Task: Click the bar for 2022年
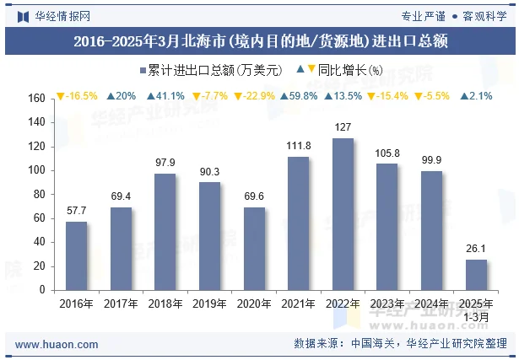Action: pyautogui.click(x=343, y=214)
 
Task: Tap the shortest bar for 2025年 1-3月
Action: pyautogui.click(x=476, y=274)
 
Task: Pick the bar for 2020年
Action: pyautogui.click(x=254, y=249)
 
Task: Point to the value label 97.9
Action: pyautogui.click(x=165, y=163)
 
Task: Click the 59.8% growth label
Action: pyautogui.click(x=299, y=96)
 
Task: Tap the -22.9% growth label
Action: pyautogui.click(x=254, y=96)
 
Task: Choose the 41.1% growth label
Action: pyautogui.click(x=165, y=96)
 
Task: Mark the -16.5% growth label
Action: pyautogui.click(x=77, y=96)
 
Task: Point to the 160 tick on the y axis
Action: pyautogui.click(x=35, y=99)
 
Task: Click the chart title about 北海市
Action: pyautogui.click(x=260, y=40)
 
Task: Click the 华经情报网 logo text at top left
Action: pyautogui.click(x=62, y=16)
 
